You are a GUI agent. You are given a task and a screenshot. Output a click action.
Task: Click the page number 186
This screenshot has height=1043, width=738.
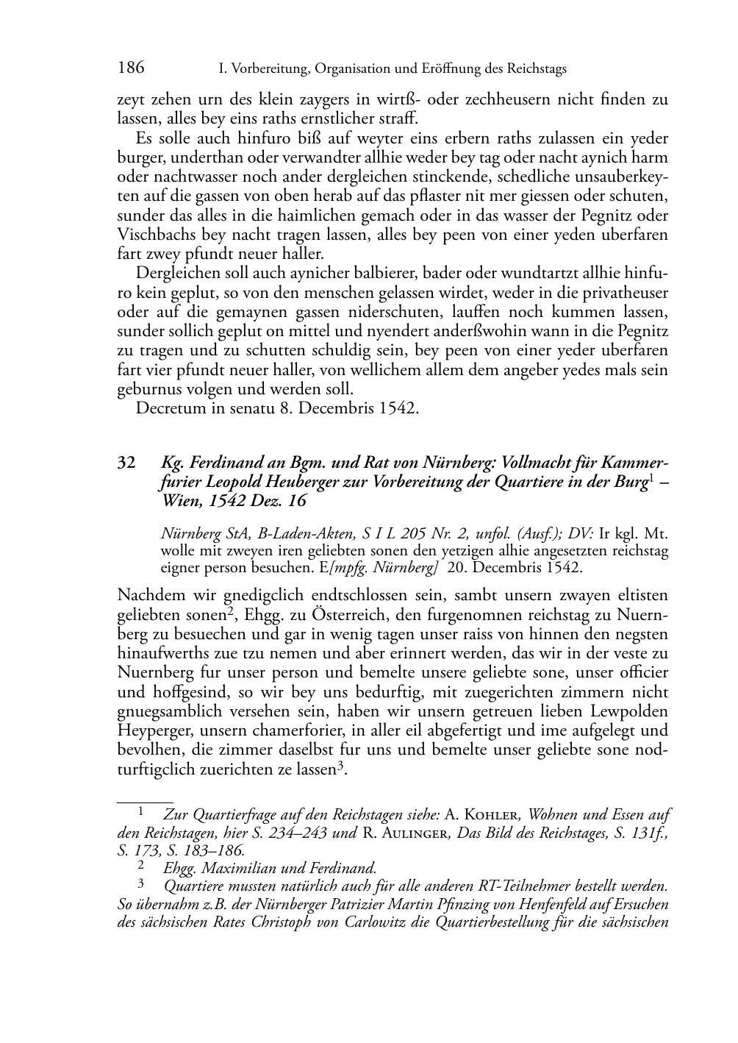tap(131, 68)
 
